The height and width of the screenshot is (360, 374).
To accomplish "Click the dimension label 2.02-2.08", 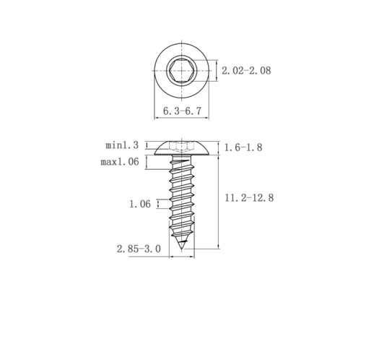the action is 246,71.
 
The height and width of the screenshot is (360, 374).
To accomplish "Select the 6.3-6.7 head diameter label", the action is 182,111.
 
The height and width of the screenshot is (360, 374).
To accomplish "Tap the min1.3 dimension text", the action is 122,145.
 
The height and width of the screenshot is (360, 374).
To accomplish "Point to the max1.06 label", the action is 120,162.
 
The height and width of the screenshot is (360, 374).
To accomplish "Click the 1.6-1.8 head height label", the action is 243,147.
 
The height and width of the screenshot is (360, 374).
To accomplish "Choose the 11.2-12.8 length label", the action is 249,198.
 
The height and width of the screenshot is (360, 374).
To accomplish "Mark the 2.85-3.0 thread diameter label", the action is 139,249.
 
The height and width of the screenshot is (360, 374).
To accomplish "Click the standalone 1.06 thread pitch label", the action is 140,204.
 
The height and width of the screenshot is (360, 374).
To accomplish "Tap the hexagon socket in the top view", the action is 181,71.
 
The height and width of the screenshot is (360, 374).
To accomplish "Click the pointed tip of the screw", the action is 181,249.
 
